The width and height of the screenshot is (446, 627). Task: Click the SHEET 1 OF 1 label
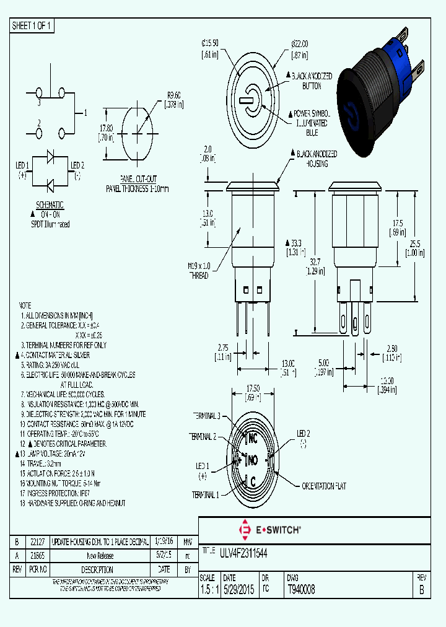(32, 26)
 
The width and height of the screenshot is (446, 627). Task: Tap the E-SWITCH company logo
(269, 530)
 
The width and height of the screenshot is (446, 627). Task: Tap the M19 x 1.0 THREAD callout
(199, 271)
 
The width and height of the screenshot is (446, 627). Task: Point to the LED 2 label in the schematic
(77, 165)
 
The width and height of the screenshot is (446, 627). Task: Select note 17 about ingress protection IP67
(65, 493)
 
